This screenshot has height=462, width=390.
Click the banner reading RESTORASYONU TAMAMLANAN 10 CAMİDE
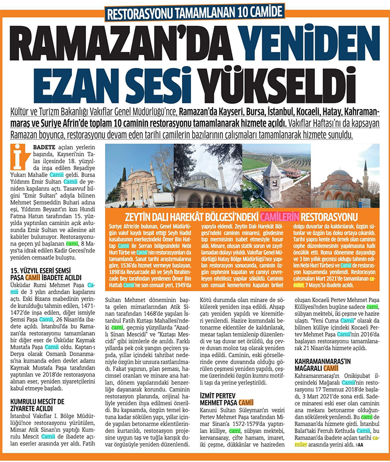(x=194, y=11)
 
